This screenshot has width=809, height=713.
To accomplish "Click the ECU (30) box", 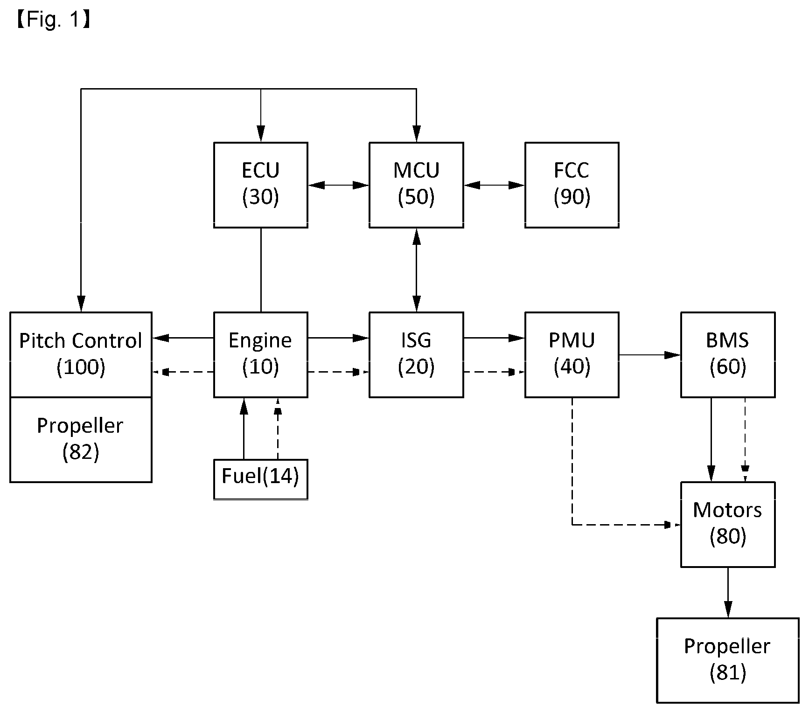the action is [260, 185].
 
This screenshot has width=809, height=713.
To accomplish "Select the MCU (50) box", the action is [416, 185].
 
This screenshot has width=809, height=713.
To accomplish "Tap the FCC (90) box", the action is [572, 185].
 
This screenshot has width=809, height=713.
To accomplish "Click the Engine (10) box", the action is [260, 354].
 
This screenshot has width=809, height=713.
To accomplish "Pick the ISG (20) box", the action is [416, 354].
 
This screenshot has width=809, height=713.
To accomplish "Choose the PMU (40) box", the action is [572, 354].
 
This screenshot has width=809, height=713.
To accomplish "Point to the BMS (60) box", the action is [728, 354].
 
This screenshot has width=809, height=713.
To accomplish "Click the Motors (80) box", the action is [728, 524].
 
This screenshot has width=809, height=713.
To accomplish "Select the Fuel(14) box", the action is [260, 479].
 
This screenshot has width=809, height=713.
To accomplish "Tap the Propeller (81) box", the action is [728, 660].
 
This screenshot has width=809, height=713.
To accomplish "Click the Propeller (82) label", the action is [81, 439].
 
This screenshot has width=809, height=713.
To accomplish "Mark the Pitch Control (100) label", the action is [81, 354].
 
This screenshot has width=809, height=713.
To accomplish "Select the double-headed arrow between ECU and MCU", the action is [338, 185].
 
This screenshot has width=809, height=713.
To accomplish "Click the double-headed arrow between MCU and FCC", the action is [494, 185].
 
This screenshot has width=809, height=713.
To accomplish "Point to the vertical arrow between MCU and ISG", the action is [417, 270].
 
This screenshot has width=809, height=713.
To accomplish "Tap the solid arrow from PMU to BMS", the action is [650, 355].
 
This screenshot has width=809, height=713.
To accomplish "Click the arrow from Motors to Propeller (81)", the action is [728, 592].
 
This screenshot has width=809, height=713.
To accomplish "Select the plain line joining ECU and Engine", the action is [261, 270].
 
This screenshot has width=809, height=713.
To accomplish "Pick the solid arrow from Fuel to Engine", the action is [243, 428].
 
